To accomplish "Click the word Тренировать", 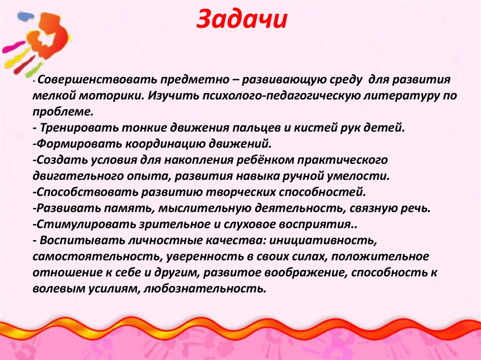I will [80, 128].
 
